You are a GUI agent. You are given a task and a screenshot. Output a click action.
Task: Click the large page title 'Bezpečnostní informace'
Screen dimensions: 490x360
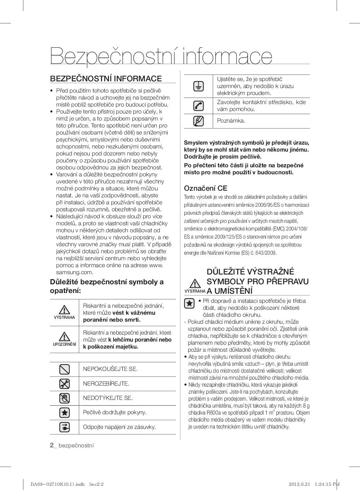point(161,56)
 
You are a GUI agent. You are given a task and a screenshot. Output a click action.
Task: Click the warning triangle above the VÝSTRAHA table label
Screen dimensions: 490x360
point(64,309)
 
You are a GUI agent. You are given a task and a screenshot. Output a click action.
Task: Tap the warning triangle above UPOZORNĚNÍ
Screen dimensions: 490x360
point(64,336)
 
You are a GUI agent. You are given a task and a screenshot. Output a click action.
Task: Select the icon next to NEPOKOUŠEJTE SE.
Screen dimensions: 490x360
point(65,369)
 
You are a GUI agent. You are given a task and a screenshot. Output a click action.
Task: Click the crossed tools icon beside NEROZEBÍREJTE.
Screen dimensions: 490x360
point(65,384)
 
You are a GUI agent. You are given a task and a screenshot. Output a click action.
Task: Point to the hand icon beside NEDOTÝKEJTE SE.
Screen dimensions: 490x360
point(65,398)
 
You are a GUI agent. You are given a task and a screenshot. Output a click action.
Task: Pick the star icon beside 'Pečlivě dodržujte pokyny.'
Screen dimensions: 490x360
point(65,412)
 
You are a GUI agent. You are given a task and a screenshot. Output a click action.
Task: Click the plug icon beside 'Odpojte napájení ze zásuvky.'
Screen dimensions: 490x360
point(65,427)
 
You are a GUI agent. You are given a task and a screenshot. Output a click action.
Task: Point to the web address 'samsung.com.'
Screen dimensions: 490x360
point(75,272)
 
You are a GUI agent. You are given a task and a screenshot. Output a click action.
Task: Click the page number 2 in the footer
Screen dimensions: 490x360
point(52,445)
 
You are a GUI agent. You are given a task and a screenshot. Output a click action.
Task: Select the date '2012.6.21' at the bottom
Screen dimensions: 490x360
point(299,484)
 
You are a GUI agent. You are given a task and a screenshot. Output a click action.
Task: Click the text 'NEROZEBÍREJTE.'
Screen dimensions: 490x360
point(106,383)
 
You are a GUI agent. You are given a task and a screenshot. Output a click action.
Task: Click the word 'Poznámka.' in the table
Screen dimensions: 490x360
point(231,121)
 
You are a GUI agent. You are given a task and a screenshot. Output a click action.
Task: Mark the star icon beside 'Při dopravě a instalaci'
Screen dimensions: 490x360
point(189,303)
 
